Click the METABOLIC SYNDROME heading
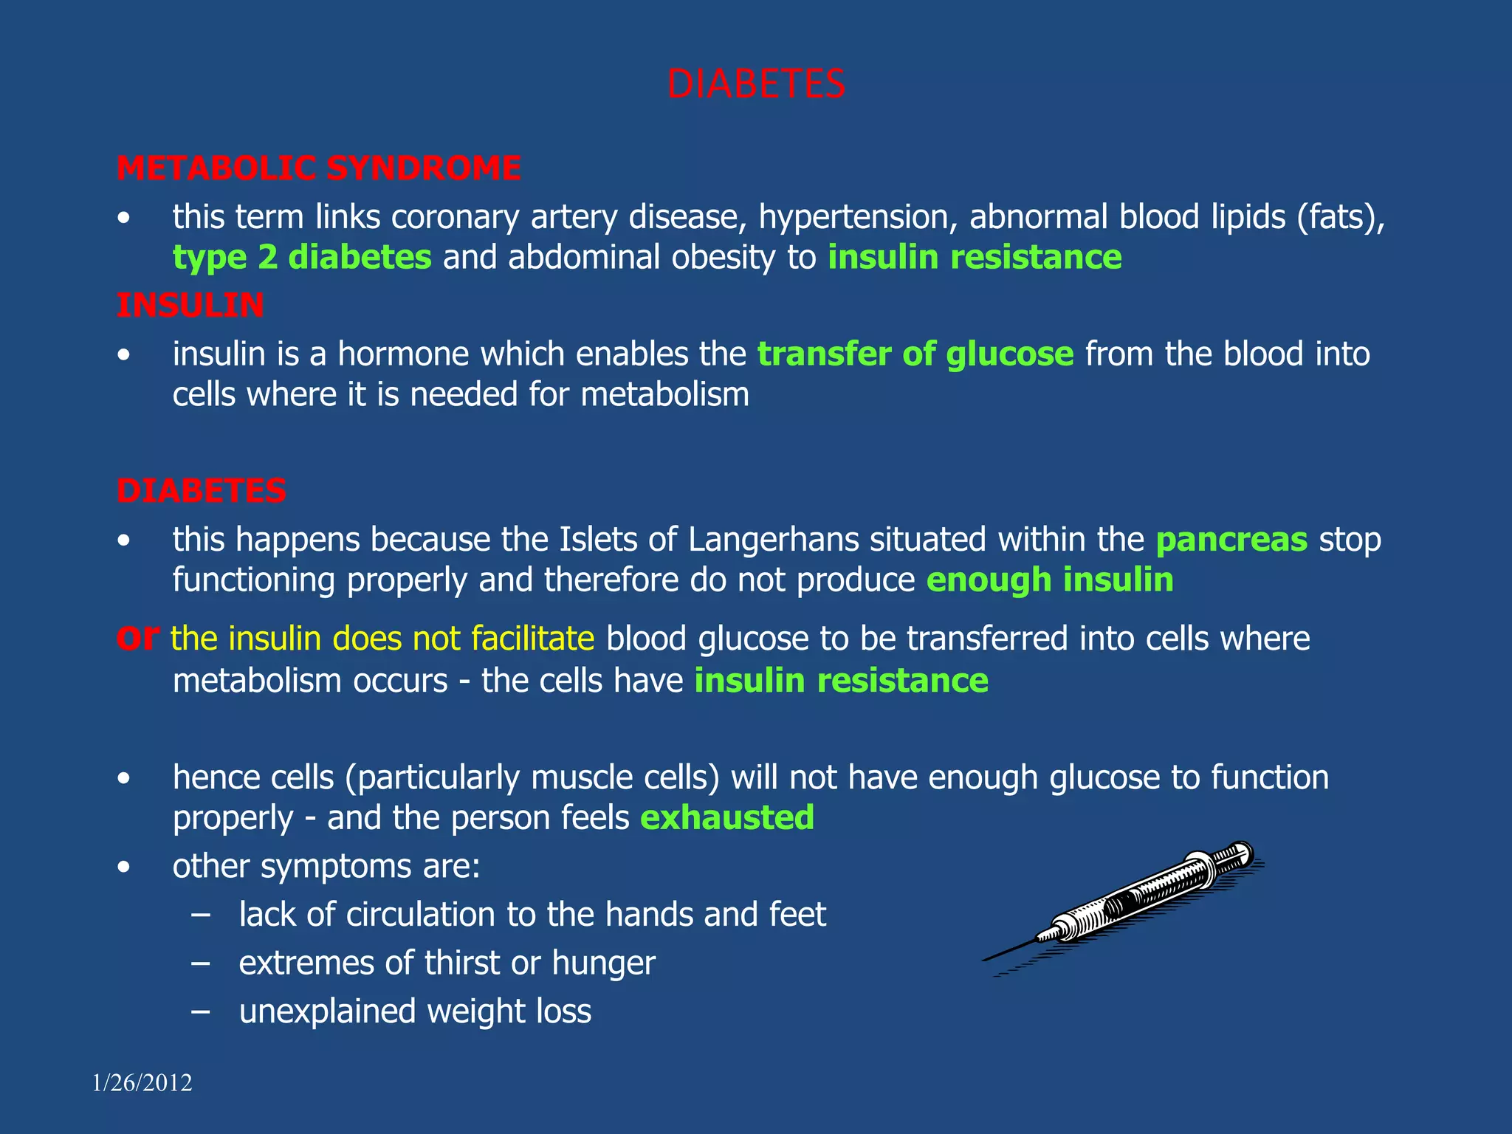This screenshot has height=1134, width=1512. (319, 168)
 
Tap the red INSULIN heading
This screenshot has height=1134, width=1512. (190, 306)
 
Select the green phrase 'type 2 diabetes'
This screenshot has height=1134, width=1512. (302, 258)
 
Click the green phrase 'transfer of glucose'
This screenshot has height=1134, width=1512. (915, 354)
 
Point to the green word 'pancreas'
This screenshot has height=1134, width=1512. (1231, 540)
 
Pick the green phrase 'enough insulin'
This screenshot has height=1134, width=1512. (1050, 580)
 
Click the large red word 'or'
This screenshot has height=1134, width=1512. (138, 636)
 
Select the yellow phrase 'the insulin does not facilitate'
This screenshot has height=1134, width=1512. (382, 639)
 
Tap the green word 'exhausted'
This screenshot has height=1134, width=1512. (727, 818)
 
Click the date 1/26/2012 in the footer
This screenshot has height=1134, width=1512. (142, 1083)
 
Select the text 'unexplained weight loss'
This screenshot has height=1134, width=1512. (415, 1011)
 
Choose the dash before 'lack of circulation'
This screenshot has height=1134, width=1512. (200, 915)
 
